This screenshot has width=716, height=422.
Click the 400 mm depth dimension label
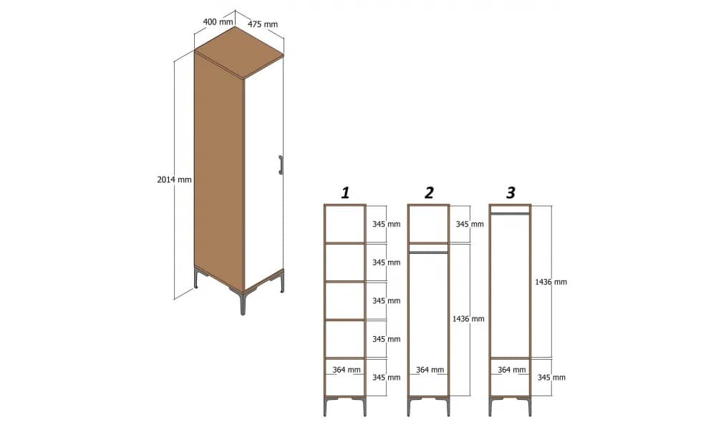[x=218, y=22]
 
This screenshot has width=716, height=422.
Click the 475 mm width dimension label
[x=263, y=24]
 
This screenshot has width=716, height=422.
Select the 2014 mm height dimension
[x=174, y=180]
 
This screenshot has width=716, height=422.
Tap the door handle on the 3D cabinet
[x=281, y=165]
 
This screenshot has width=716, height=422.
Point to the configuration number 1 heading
[x=345, y=192]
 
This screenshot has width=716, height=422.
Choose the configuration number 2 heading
[x=429, y=192]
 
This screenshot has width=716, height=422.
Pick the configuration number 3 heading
[x=511, y=192]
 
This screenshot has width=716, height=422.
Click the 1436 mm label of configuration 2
[x=469, y=319]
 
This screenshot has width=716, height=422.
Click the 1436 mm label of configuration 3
[x=551, y=283]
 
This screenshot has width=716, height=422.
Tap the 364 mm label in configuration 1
[x=347, y=370]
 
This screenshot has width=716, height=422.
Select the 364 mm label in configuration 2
[x=430, y=370]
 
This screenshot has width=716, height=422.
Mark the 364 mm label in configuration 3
[x=511, y=370]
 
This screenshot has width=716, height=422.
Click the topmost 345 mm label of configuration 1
[x=386, y=225]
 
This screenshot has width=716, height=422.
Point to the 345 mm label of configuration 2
[x=469, y=225]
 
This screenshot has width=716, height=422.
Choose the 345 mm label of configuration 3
[x=551, y=377]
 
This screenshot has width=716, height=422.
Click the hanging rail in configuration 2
[x=428, y=252]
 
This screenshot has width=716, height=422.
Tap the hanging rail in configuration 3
[x=511, y=213]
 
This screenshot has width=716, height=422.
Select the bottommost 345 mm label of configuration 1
[x=386, y=377]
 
